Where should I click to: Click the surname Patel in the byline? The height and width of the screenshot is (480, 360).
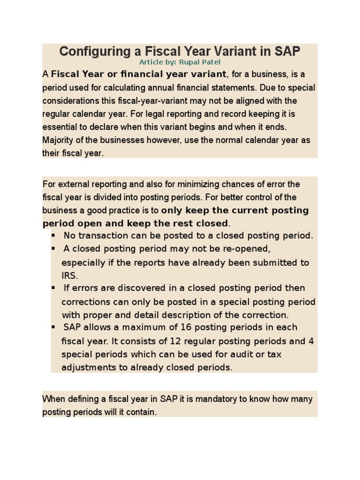pyautogui.click(x=209, y=62)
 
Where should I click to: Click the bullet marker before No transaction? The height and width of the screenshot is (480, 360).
pyautogui.click(x=53, y=235)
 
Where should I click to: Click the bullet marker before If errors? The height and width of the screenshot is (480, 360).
pyautogui.click(x=53, y=287)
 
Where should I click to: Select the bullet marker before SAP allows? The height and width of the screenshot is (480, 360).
pyautogui.click(x=53, y=327)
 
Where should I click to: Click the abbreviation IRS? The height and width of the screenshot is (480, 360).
pyautogui.click(x=69, y=275)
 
